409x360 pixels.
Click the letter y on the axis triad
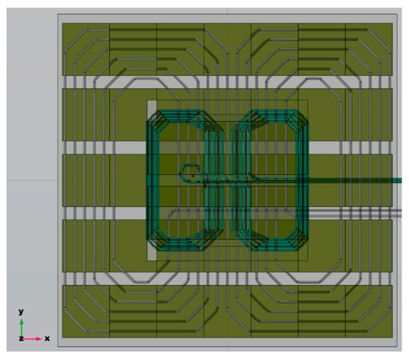(22, 311)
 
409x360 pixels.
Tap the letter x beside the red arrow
(46, 338)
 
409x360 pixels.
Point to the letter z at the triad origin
(21, 338)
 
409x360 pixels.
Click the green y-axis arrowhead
(22, 321)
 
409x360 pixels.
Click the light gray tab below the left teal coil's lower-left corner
(152, 253)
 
